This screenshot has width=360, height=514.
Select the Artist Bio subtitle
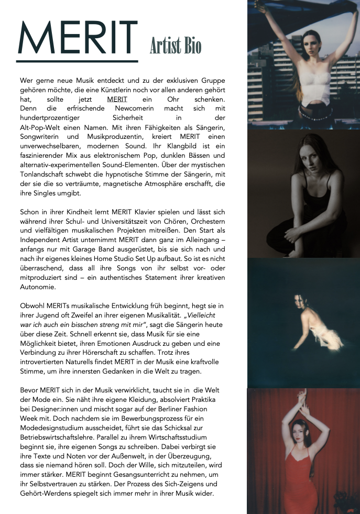175,46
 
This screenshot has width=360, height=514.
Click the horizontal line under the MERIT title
77,61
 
